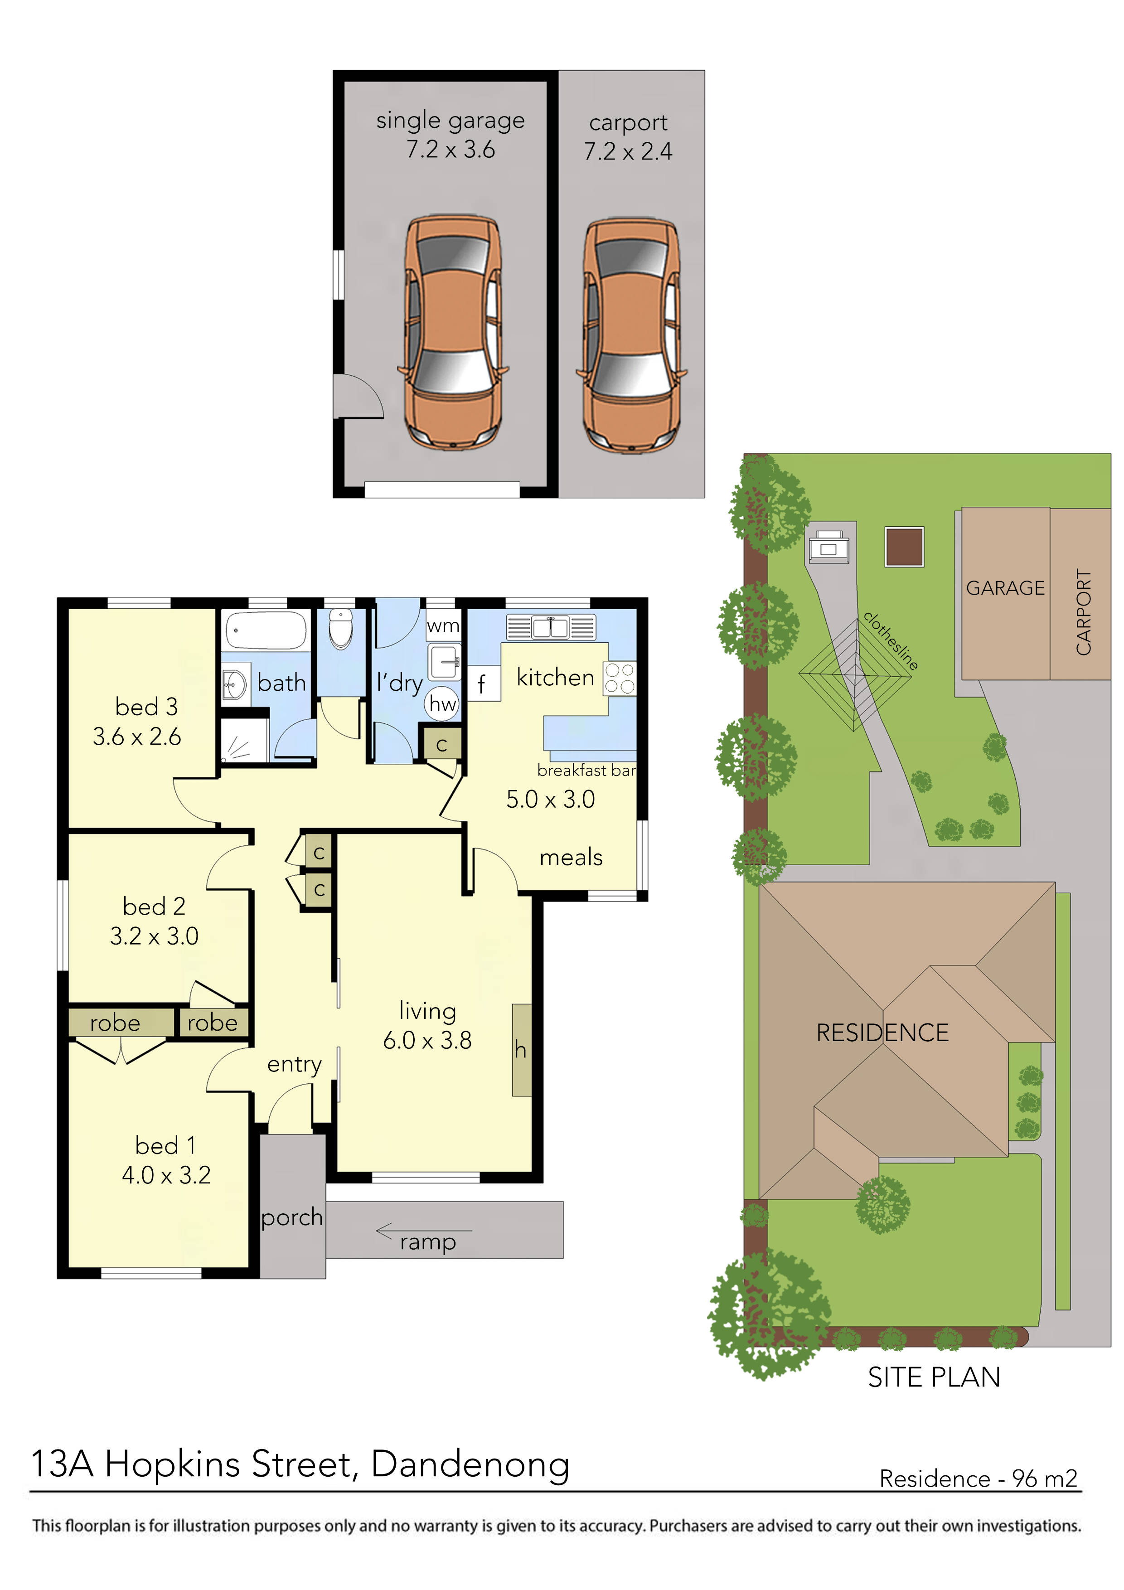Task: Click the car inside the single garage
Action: point(451,332)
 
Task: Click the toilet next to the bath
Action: point(341,628)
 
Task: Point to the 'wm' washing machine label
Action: point(442,626)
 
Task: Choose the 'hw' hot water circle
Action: point(442,703)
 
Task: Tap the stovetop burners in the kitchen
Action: point(619,678)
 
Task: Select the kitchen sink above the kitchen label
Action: point(551,627)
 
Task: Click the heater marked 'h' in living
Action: point(521,1050)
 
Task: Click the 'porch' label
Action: point(291,1217)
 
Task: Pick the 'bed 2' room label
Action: point(154,906)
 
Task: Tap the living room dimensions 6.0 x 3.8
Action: point(427,1040)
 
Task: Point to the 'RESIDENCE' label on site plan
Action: point(882,1033)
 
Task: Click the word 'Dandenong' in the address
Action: point(470,1464)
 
